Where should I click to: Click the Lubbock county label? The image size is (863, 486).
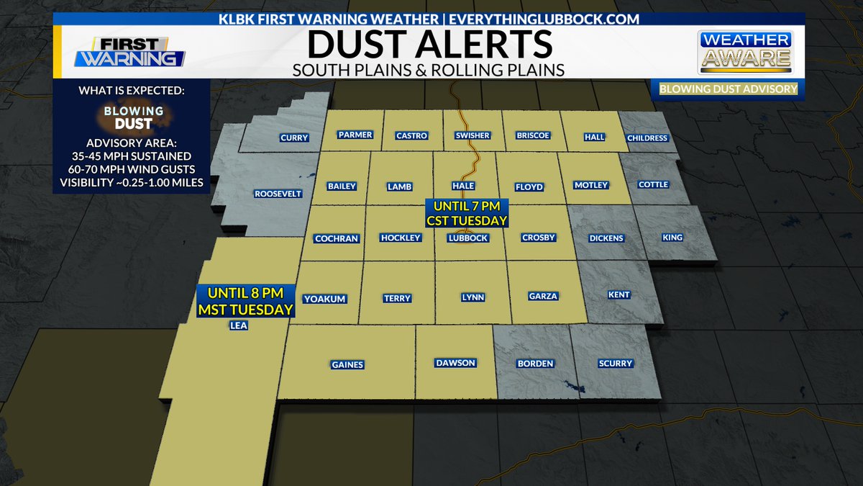467,238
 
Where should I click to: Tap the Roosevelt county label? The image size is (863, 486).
278,194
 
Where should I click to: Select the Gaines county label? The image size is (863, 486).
347,364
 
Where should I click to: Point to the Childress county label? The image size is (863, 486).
647,138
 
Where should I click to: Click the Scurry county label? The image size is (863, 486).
615,364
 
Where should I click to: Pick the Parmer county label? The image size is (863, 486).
355,135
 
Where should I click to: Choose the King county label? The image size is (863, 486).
673,238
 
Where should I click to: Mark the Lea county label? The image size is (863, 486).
238,325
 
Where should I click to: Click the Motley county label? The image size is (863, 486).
591,185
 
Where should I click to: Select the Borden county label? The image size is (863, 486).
535,364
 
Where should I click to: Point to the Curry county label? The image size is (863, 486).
294,138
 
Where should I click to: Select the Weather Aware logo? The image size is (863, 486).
745,52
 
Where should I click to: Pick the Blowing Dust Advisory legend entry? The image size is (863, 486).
726,89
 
